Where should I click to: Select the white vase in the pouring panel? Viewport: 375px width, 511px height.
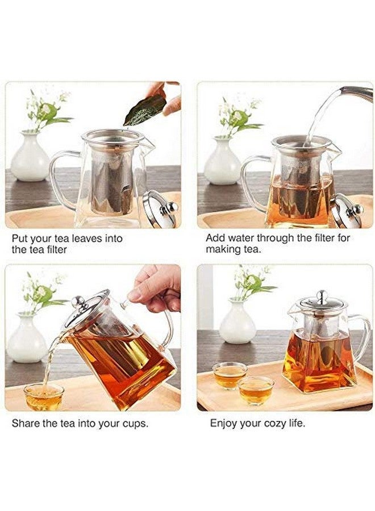pos(27,341)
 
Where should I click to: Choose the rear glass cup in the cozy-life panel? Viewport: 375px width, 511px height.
pos(230,375)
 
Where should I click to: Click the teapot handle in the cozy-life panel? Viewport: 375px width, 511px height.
pos(362,335)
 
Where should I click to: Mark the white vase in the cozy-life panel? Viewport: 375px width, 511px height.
pos(237,325)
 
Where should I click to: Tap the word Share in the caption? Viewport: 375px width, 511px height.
pos(26,424)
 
